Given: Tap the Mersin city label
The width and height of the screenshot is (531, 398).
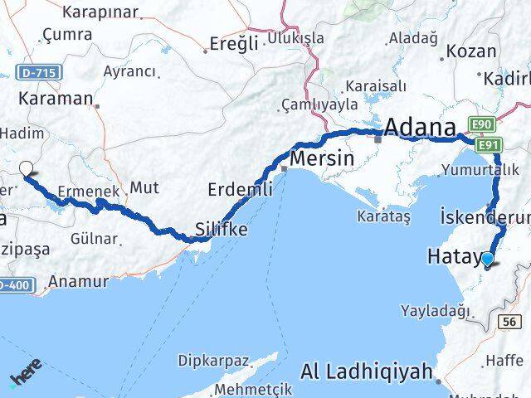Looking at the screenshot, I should pyautogui.click(x=322, y=158).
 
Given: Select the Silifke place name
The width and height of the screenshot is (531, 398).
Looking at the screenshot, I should pyautogui.click(x=221, y=229).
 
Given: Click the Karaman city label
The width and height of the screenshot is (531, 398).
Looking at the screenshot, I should pyautogui.click(x=56, y=98).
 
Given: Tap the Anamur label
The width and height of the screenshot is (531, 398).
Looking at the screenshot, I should pyautogui.click(x=78, y=281).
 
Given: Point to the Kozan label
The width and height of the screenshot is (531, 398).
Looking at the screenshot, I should pyautogui.click(x=470, y=51).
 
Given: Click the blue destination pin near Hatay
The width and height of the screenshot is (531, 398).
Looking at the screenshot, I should pyautogui.click(x=487, y=260).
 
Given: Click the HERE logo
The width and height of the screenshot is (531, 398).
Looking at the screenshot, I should pyautogui.click(x=27, y=374).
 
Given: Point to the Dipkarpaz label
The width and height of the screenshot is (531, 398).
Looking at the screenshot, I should pyautogui.click(x=213, y=361).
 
